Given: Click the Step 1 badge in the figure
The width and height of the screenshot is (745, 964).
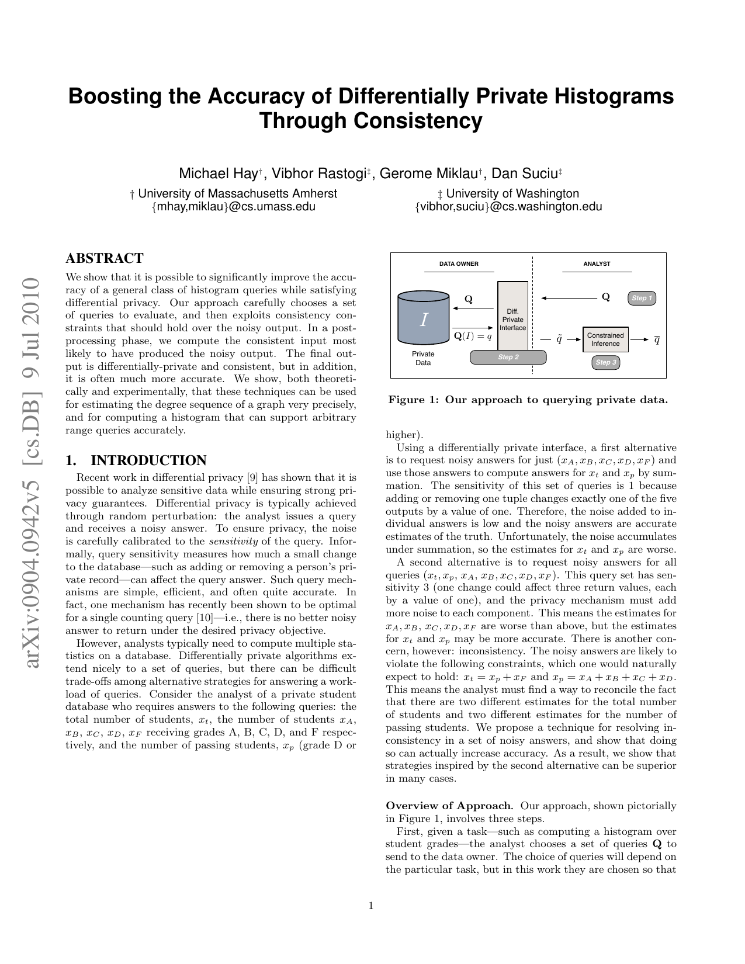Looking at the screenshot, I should (641, 298).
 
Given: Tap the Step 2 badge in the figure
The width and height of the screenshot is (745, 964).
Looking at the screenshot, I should (508, 357).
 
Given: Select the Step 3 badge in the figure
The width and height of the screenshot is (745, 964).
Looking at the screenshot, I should (605, 362).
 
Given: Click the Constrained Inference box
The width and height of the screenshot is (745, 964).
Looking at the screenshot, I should (605, 339).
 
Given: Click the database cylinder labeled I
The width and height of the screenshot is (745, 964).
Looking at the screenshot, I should (423, 318).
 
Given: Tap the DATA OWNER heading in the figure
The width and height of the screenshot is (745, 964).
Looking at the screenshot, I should (459, 264).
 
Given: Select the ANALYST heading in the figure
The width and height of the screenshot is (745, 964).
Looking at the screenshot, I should (597, 264).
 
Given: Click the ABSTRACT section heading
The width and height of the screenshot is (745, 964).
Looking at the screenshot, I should (105, 258).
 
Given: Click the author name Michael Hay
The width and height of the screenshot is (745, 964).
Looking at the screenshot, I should (219, 174).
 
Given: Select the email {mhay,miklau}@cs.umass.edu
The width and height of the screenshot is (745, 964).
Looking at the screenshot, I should (233, 206).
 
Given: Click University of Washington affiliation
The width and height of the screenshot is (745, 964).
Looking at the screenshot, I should (512, 193).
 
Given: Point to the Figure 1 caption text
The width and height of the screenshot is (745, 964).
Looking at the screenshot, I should (528, 400).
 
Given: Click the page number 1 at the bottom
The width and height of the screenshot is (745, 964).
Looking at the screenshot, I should (371, 906).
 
